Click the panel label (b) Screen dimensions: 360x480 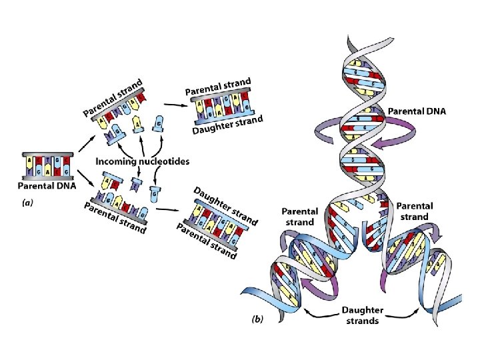tap(257, 319)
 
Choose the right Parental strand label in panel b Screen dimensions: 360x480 tap(415, 211)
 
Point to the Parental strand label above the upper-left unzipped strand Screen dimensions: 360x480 tap(113, 97)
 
